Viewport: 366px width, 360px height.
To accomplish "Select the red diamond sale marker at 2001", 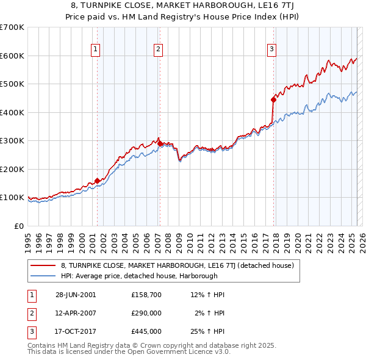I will [97, 181].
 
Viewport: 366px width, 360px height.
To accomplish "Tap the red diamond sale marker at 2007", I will [160, 144].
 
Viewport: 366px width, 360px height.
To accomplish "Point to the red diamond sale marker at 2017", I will [273, 99].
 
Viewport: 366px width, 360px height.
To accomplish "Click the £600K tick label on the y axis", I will [12, 56].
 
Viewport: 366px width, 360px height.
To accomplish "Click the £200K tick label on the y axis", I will [12, 169].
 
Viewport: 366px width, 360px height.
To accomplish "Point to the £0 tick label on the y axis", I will [18, 226].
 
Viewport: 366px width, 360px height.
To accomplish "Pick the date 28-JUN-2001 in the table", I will [76, 295].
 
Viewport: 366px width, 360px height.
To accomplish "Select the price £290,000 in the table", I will [146, 313].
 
